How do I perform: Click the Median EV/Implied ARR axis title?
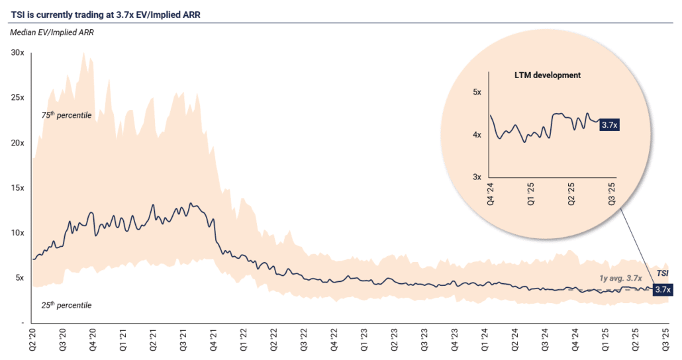point(52,32)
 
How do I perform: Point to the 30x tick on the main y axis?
point(17,52)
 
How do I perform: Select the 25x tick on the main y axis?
point(17,97)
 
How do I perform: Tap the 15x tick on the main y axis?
point(17,188)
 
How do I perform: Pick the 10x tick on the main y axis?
point(17,233)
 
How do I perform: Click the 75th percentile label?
point(66,115)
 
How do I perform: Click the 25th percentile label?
point(66,305)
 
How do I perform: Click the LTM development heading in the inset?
point(547,75)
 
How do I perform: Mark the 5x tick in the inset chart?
point(476,92)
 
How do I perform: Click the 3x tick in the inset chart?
point(476,177)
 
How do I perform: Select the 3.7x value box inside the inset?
point(609,124)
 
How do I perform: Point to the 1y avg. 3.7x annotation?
point(622,279)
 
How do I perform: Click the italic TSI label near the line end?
point(662,273)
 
